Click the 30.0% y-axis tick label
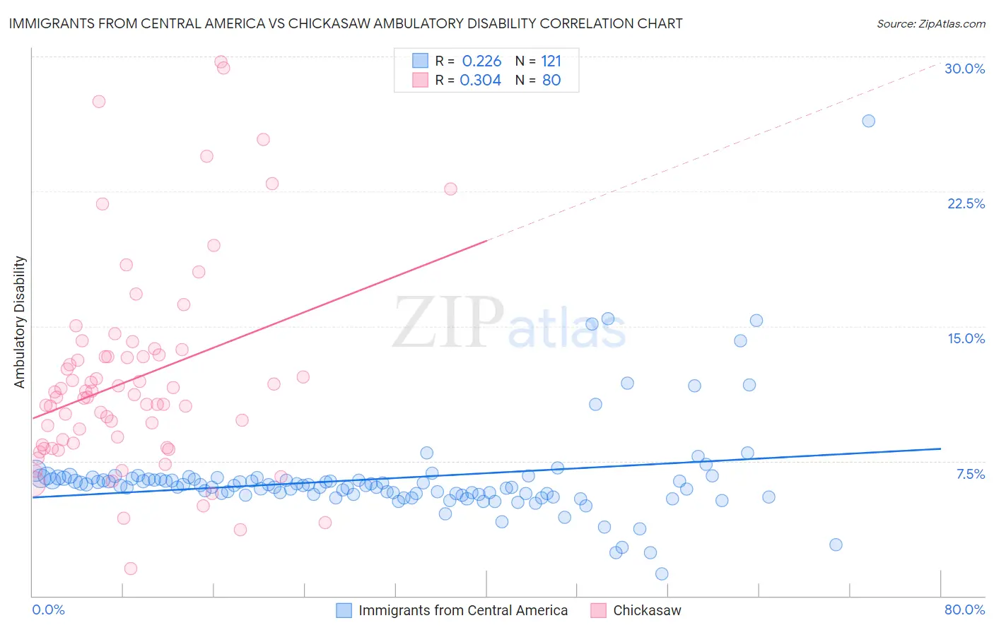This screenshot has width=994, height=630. click(x=964, y=69)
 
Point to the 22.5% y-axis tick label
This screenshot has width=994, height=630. click(x=966, y=203)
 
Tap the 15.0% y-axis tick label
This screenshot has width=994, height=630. click(x=966, y=338)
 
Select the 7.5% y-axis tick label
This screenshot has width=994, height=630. click(x=970, y=474)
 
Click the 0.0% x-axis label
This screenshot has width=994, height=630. click(x=48, y=610)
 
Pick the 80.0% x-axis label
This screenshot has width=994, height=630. click(x=964, y=610)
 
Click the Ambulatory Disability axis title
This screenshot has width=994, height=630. click(x=20, y=322)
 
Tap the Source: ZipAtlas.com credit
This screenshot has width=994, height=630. click(x=930, y=23)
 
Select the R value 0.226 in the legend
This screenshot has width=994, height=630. click(x=481, y=61)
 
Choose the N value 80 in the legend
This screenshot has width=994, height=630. click(x=551, y=81)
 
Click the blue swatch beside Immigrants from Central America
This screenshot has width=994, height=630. click(x=344, y=610)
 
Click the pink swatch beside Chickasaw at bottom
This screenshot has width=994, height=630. click(x=598, y=610)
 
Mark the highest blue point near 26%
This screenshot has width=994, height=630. click(x=868, y=121)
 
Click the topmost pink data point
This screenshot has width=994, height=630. click(x=221, y=62)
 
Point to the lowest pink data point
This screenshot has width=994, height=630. click(x=130, y=569)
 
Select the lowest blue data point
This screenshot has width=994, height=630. click(x=662, y=573)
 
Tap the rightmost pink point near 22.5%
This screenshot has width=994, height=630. click(x=450, y=189)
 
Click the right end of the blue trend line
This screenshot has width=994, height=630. click(x=940, y=448)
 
